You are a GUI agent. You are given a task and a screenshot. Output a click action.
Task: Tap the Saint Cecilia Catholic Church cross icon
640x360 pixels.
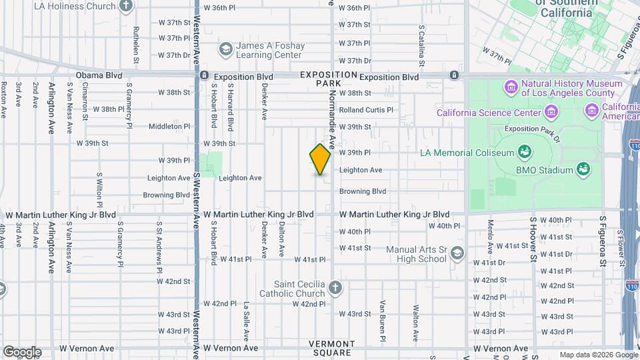pos(335,288)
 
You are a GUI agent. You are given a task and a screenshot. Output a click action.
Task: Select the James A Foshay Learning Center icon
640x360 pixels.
pos(225,49)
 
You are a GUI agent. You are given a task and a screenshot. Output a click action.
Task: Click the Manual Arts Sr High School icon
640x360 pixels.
pos(457,253)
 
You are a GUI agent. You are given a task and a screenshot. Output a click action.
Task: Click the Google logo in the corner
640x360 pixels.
pos(21,352)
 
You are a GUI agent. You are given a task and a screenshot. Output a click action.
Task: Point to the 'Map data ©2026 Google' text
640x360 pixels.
pos(597,355)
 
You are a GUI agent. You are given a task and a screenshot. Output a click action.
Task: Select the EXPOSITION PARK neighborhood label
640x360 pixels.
pos(328,79)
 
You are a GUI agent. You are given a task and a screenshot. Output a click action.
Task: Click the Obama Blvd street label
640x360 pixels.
pos(98,76)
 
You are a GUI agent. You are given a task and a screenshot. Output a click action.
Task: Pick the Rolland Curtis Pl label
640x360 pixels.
pos(366,110)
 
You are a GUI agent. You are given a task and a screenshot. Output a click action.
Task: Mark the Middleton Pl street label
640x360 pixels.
pos(169,126)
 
